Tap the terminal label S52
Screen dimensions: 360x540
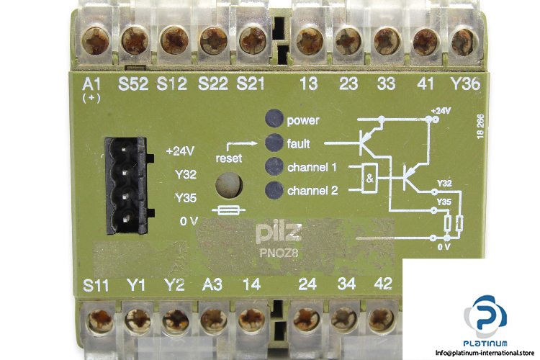(x=133, y=84)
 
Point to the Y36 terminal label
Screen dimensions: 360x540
(x=464, y=84)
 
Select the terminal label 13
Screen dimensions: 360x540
(x=308, y=84)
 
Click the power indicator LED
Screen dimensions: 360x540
(x=274, y=120)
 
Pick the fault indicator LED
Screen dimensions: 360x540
(x=274, y=142)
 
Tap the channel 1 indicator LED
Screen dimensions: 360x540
(x=274, y=168)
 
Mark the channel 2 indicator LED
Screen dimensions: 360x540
(x=274, y=191)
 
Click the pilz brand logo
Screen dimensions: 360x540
(x=274, y=233)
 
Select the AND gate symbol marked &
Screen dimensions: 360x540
(x=370, y=179)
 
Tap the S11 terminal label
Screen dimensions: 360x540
(x=96, y=283)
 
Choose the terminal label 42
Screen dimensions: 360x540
(x=384, y=283)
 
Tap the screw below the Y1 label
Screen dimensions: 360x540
(x=135, y=318)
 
